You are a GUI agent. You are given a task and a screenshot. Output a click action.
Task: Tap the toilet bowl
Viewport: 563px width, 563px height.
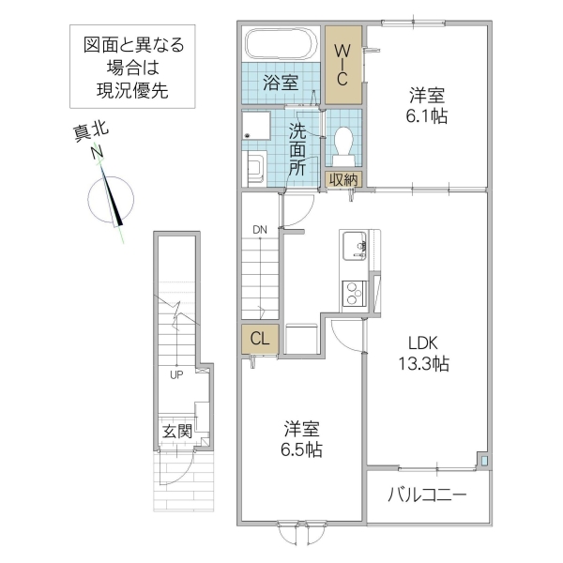(x=342, y=144)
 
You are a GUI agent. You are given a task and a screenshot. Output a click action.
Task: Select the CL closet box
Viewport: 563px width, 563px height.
(x=260, y=340)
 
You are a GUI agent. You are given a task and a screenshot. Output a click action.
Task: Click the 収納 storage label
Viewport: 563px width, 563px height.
(x=342, y=179)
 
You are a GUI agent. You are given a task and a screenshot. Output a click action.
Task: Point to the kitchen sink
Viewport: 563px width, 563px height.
(x=356, y=243)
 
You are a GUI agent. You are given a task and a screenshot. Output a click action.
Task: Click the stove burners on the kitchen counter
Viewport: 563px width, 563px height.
(x=356, y=293)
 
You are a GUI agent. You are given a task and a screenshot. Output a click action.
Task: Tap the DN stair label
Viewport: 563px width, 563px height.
(x=259, y=229)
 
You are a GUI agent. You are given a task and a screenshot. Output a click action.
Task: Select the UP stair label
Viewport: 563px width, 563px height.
(x=175, y=375)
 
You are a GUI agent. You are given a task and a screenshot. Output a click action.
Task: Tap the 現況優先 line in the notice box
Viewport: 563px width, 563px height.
(x=132, y=92)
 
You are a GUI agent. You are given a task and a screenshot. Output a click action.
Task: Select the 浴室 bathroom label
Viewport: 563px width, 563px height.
(x=281, y=81)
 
